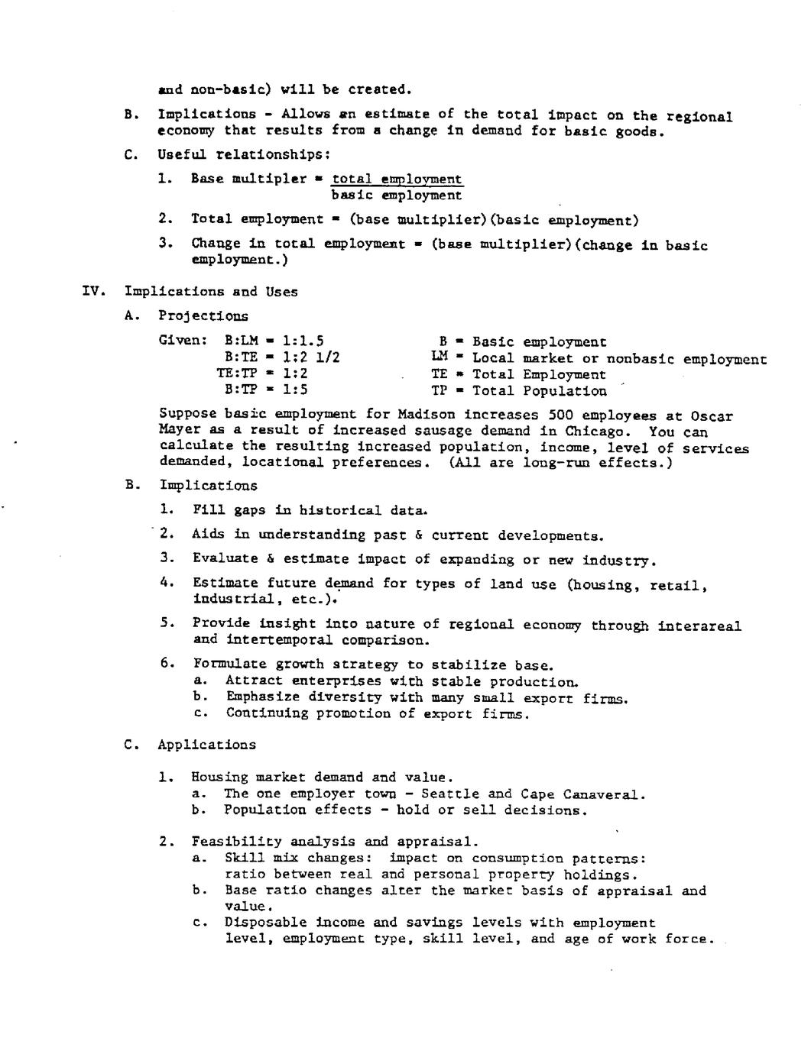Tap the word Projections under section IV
[203, 315]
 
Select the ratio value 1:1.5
[303, 341]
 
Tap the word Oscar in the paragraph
[712, 416]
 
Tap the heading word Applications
[207, 745]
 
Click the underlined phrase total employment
[397, 179]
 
